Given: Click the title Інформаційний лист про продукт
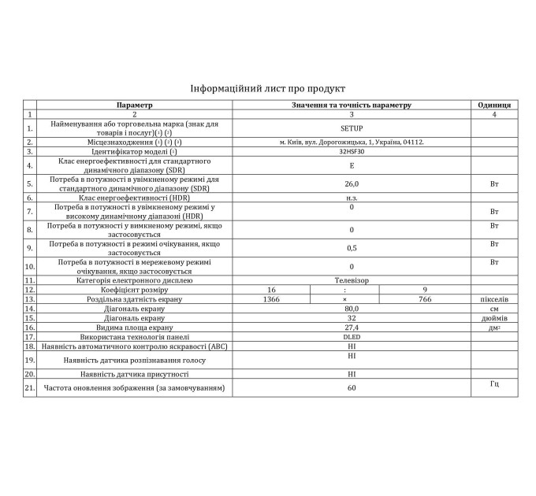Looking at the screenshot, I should (x=268, y=88).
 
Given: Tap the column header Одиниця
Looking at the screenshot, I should (x=494, y=105).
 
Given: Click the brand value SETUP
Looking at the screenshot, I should (x=352, y=128).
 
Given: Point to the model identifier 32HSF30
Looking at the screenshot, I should (x=352, y=151).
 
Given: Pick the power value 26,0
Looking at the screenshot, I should (x=352, y=184).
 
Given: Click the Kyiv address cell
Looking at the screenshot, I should (x=352, y=143).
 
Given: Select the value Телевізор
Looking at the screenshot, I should (x=352, y=280).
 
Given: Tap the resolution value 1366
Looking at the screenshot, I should (x=271, y=299).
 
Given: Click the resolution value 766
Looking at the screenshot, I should (x=425, y=299).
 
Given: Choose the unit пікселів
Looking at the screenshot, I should (x=494, y=299).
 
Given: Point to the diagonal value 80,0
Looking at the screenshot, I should (x=352, y=309).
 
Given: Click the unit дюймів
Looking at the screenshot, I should (x=494, y=318).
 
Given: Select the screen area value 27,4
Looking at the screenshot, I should (x=352, y=328).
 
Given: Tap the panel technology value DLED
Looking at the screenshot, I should (x=352, y=337).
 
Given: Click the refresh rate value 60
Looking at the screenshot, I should (x=352, y=388).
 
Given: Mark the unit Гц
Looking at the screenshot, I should (x=494, y=383).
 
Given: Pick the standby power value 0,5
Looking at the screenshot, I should (x=352, y=248).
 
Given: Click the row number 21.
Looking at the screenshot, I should (x=30, y=388).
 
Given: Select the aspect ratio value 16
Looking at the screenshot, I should (x=271, y=290).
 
